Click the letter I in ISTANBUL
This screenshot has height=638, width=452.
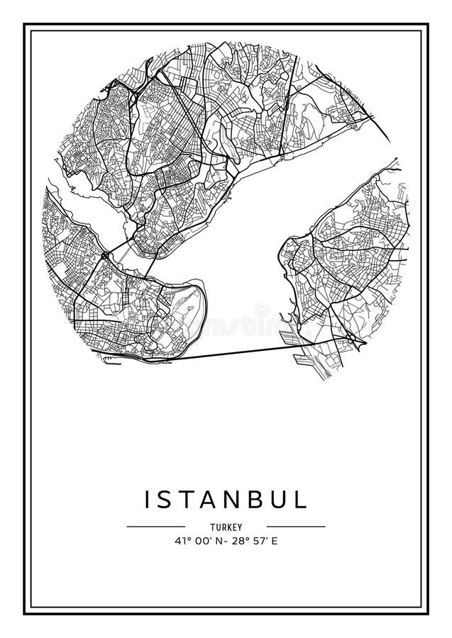point(148,499)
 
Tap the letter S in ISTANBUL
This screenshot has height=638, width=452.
point(167,499)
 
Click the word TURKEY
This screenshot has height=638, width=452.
point(226,527)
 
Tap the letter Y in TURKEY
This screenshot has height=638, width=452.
point(241,527)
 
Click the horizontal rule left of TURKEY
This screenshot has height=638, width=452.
point(155,527)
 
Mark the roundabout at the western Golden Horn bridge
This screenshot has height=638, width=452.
point(105,254)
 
